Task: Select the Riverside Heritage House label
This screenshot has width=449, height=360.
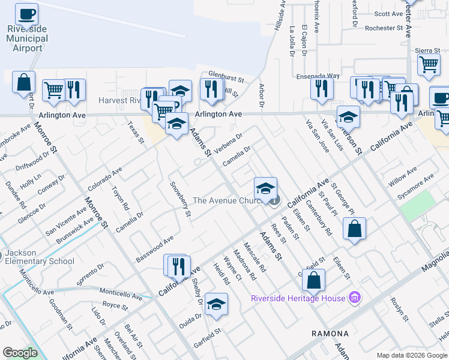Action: click(x=298, y=298)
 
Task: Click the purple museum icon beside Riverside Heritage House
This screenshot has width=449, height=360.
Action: click(x=355, y=298)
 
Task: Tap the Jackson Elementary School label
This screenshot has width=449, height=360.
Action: click(x=39, y=257)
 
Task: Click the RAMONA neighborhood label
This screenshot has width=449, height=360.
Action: click(x=330, y=333)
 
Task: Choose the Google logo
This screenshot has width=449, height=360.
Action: click(x=20, y=353)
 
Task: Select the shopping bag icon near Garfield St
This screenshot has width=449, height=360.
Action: click(x=313, y=279)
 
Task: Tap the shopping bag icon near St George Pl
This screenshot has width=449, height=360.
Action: click(x=355, y=228)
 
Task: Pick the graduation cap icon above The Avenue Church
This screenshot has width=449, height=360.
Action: click(x=265, y=188)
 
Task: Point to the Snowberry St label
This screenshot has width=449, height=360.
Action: click(x=180, y=199)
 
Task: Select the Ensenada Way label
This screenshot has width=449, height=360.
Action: click(x=318, y=76)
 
